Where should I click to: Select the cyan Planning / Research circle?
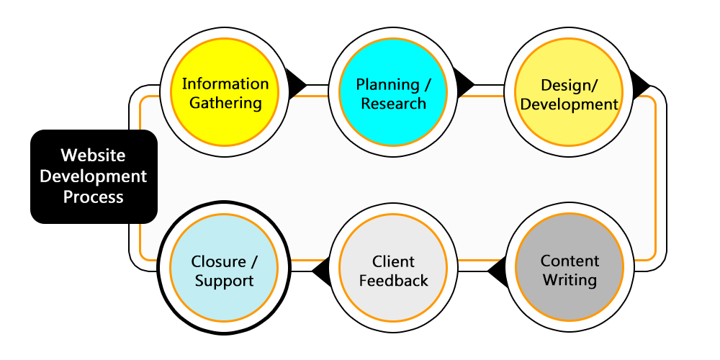[393, 94]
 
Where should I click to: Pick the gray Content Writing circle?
[569, 269]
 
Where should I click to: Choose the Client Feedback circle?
[393, 271]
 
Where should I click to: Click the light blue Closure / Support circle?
[223, 271]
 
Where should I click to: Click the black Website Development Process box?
[94, 176]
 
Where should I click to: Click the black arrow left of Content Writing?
[498, 272]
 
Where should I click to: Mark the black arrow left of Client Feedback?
[321, 272]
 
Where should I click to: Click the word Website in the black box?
[94, 156]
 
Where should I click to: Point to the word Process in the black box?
[94, 197]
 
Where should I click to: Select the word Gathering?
[225, 103]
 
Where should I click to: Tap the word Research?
[393, 104]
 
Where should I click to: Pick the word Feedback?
[393, 281]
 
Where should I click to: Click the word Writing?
[570, 279]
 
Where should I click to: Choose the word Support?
[224, 281]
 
